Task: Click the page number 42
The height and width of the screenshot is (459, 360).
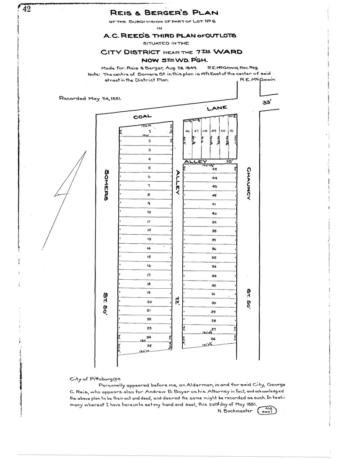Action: pyautogui.click(x=26, y=10)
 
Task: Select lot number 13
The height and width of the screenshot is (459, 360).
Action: pyautogui.click(x=149, y=239)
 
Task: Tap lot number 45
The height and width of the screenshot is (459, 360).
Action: pyautogui.click(x=215, y=169)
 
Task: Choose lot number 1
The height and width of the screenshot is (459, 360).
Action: pyautogui.click(x=149, y=131)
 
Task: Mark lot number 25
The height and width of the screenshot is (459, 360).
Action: pyautogui.click(x=149, y=345)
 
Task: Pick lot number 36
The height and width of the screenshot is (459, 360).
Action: pyautogui.click(x=214, y=249)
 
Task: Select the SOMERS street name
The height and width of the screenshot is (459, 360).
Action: pyautogui.click(x=107, y=185)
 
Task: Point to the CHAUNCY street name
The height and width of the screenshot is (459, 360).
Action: pyautogui.click(x=248, y=183)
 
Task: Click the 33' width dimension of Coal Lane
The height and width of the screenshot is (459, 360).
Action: pyautogui.click(x=268, y=103)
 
